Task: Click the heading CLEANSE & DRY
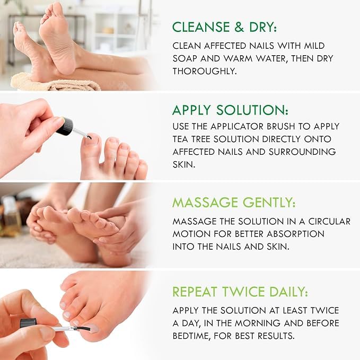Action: pos(225,27)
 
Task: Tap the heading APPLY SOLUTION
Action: pos(230,110)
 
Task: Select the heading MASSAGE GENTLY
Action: pos(234,203)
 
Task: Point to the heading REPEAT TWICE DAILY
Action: pos(240,292)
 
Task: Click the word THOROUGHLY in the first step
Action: pos(205,71)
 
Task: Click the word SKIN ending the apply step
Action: pos(183,164)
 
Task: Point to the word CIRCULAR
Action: pos(329,221)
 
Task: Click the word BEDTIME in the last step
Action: pos(191,336)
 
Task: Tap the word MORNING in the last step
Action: pos(257,323)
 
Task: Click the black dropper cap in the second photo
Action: pos(65,126)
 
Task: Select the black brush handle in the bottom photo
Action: pos(29,323)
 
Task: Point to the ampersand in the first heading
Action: pos(239,27)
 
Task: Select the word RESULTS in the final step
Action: pos(276,336)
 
